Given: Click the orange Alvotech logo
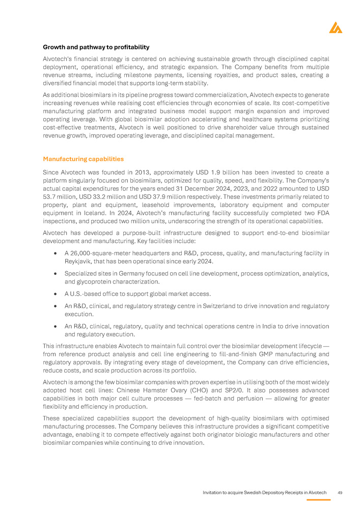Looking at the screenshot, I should pos(336,28).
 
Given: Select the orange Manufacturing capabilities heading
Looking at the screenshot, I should pos(83,159).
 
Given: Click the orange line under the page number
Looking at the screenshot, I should pos(319,499).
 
